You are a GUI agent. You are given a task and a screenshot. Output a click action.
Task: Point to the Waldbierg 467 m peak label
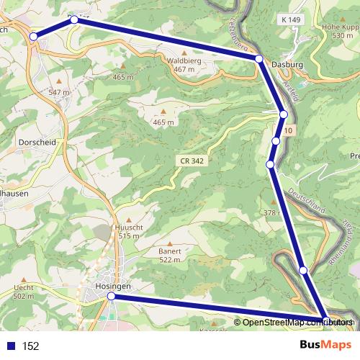coord(183,66)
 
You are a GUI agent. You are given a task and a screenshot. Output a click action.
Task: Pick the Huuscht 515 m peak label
coord(127,231)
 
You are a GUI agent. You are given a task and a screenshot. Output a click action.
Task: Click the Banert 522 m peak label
coord(170,255)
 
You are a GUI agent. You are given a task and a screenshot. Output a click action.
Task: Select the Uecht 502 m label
coord(24,292)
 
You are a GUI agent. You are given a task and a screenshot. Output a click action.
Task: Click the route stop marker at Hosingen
coord(111,296)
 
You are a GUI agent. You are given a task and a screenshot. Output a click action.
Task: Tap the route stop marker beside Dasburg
coord(258,58)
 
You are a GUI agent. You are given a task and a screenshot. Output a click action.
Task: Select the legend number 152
coord(30,346)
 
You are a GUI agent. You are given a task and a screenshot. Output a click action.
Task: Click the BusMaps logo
coord(325,345)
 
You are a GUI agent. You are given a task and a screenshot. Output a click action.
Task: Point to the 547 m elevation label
coord(59,93)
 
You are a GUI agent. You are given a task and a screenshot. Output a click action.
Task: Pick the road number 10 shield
coord(288,130)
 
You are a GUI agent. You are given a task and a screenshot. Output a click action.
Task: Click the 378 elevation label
coord(270,213)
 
